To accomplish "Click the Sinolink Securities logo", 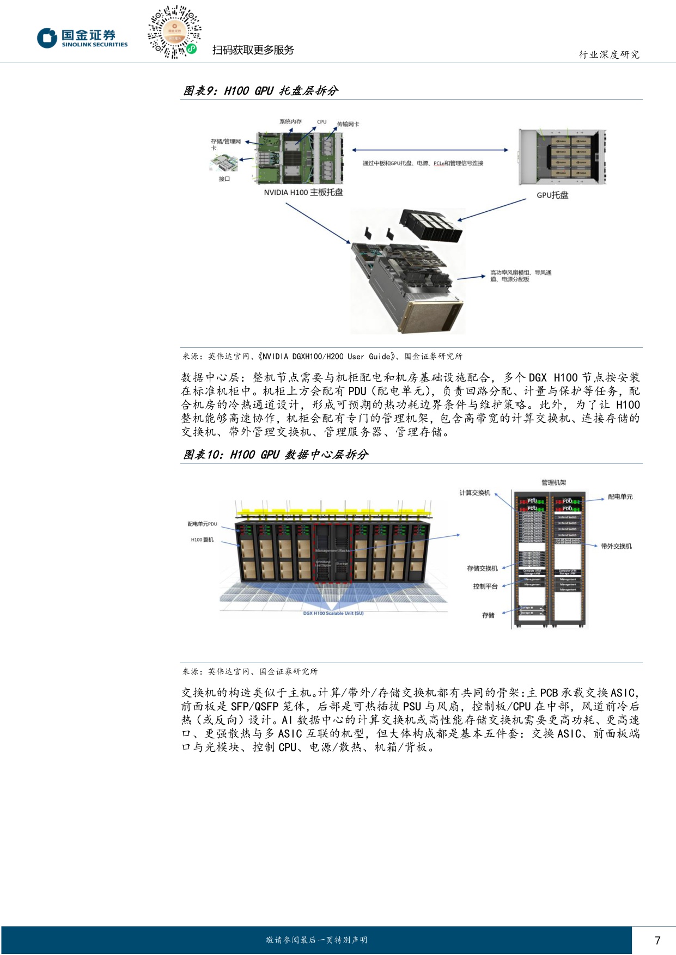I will click(82, 38).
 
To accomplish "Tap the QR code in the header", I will click(174, 32).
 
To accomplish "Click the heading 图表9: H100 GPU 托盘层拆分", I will click(260, 91).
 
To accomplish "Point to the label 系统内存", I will click(290, 121).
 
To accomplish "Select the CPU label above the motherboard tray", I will click(322, 122).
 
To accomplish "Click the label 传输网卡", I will click(348, 124).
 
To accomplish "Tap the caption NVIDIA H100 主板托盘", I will click(303, 193).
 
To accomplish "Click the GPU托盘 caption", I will click(552, 195).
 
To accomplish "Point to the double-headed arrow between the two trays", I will click(430, 150).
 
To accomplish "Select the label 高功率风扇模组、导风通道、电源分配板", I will click(520, 276).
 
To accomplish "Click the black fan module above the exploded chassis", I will click(431, 225).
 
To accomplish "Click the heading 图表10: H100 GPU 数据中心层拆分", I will click(275, 455).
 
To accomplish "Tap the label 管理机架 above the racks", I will click(553, 482).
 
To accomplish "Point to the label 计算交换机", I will click(474, 493).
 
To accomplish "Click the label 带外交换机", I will click(616, 546).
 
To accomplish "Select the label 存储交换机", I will click(482, 568).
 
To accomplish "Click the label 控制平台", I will click(485, 586).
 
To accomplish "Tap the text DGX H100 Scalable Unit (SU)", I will click(333, 613).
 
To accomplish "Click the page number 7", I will click(657, 940).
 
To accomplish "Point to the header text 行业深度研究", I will click(609, 54).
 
